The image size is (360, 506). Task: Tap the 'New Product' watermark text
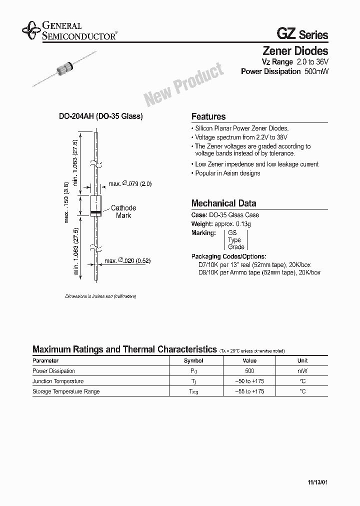184,85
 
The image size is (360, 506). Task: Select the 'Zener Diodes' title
295,51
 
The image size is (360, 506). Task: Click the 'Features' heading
208,116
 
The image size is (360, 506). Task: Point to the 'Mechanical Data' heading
223,203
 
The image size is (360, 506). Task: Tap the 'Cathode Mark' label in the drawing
123,211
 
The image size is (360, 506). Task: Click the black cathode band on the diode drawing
95,213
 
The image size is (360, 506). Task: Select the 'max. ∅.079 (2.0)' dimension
130,184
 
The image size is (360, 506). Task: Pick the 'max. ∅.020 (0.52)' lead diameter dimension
127,261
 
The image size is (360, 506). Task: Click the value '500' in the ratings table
249,371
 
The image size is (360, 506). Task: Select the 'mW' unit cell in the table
302,371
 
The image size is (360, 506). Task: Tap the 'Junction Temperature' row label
58,381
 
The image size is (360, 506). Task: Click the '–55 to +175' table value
249,391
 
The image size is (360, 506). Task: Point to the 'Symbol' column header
193,360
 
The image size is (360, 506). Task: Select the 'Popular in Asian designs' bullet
227,173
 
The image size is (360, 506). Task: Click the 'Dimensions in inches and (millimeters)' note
101,296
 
